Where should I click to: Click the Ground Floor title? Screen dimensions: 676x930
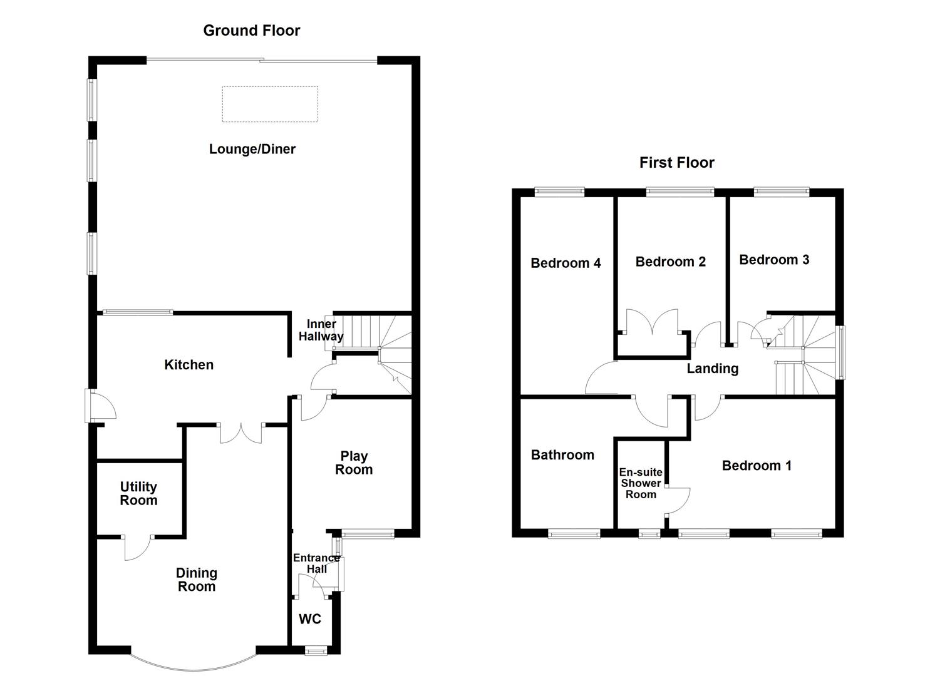(251, 31)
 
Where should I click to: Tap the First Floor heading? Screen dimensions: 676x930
(676, 163)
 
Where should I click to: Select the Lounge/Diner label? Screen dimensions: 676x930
(252, 149)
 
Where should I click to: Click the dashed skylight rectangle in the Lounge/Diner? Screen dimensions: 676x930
(270, 104)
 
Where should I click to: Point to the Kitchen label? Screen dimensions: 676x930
(189, 365)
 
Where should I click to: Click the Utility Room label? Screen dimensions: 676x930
(138, 493)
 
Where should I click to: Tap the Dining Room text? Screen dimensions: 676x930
(197, 580)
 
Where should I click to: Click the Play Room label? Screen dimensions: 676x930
(354, 463)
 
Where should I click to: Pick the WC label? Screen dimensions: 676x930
(310, 619)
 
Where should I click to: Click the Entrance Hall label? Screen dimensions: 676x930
(316, 563)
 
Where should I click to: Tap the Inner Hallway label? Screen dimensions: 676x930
(321, 330)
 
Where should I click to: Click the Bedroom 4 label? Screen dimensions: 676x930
(566, 263)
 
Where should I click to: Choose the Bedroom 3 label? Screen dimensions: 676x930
(774, 260)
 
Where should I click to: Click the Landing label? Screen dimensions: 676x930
(712, 369)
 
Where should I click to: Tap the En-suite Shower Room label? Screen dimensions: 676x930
(641, 483)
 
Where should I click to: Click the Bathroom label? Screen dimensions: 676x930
(562, 455)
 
